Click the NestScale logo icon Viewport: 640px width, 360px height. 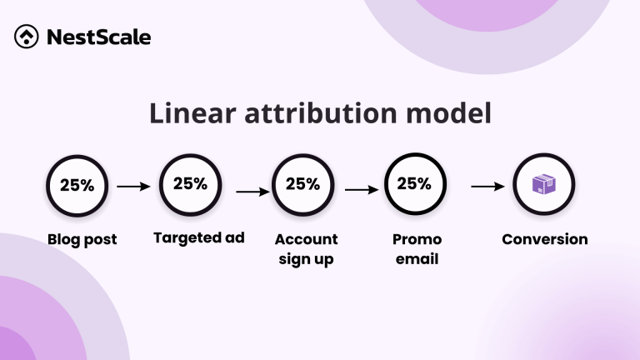26,37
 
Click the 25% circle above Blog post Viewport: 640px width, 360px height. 77,186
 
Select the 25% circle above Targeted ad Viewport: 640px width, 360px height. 190,184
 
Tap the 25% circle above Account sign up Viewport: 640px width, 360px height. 303,185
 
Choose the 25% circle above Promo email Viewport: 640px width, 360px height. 414,184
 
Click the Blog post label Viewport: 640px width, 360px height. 82,240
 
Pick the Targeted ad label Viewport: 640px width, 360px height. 198,238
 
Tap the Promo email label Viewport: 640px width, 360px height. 417,249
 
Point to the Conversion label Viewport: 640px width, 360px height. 544,240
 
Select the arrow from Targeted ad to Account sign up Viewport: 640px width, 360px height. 252,192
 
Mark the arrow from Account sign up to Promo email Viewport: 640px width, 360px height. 362,190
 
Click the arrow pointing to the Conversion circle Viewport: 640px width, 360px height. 487,187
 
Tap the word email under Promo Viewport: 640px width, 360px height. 417,259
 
